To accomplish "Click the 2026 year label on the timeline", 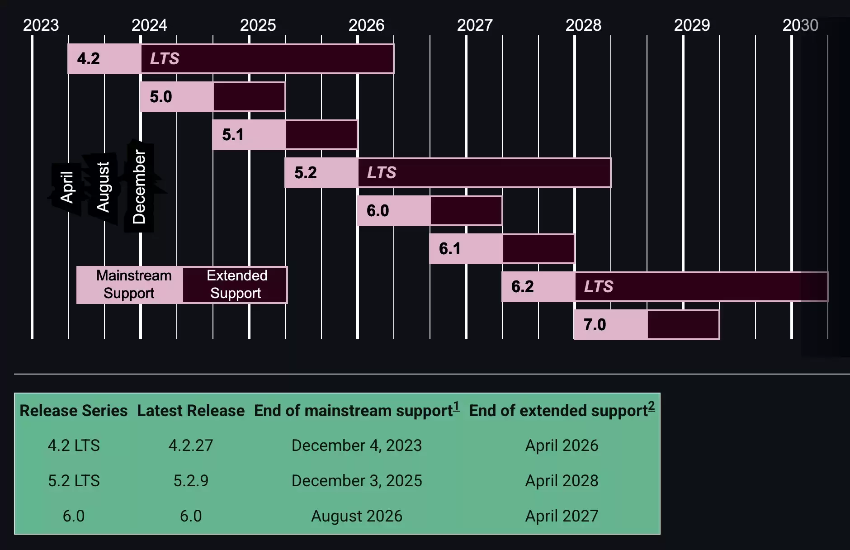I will tap(366, 25).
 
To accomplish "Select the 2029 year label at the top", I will tap(692, 25).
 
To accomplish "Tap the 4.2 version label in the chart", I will tap(89, 59).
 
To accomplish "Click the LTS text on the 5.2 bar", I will tap(382, 173).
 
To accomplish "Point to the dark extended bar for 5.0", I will tap(249, 97).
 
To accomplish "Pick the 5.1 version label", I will tap(233, 135).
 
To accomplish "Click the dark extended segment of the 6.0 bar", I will tap(466, 211).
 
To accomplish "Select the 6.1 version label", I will tap(450, 249).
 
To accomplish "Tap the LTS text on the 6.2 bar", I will tap(599, 287).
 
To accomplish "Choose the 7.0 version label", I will tap(595, 325).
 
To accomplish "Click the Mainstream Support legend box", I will tap(130, 284).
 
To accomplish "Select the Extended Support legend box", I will tap(236, 284).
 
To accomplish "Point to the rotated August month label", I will tap(104, 187).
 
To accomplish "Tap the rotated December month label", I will tap(139, 187).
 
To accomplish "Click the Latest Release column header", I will tap(191, 411).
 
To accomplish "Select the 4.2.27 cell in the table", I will tap(191, 446).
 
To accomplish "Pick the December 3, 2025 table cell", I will tap(357, 481).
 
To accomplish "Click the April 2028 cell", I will tap(562, 481).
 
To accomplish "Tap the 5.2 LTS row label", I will tap(74, 481).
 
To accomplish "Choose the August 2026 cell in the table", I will tap(357, 516).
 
